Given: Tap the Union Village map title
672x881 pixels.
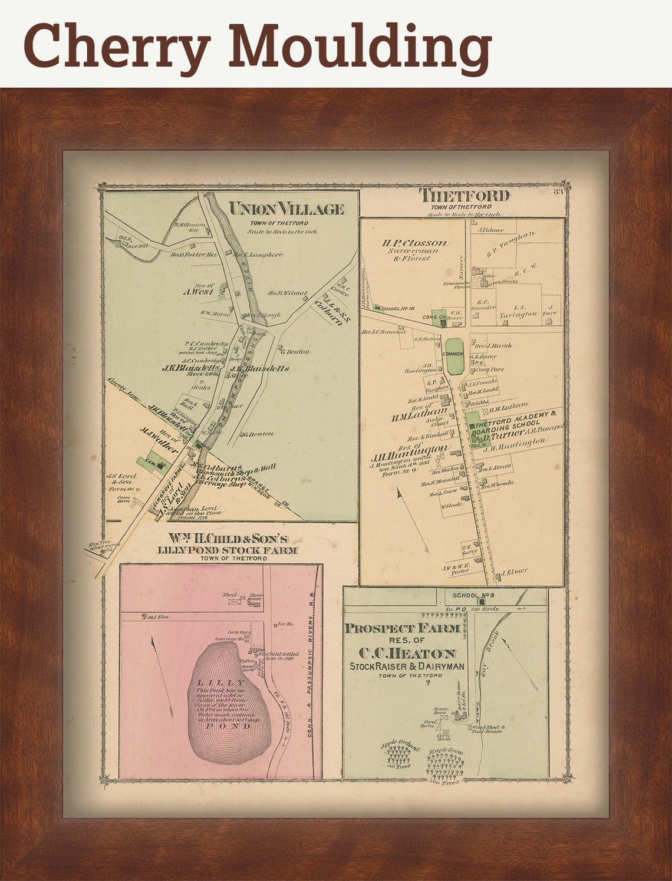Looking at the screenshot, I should point(286,209).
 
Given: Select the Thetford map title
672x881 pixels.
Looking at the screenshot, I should point(464,196).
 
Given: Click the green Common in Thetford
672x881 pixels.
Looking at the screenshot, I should point(454,356).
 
